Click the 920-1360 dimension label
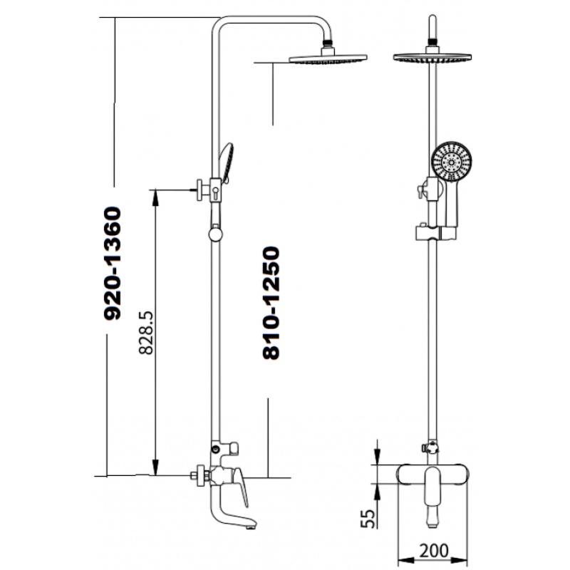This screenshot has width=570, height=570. point(113,264)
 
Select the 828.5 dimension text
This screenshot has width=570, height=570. point(146,333)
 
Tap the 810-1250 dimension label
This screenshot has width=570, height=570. point(271,304)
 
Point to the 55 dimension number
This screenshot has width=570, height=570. point(367,519)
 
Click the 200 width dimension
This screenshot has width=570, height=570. point(434,551)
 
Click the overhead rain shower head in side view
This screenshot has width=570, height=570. point(328,58)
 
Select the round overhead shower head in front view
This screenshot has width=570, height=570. point(432,57)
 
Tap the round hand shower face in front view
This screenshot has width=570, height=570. point(452,162)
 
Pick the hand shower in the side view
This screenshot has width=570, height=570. point(226,162)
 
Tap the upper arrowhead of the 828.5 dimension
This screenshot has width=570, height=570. point(155,197)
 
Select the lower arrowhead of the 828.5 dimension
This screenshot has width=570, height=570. point(155,467)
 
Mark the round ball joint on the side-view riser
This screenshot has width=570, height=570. point(216,234)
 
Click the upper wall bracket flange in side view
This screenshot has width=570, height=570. point(199,190)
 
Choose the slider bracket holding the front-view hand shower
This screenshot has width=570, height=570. point(436,233)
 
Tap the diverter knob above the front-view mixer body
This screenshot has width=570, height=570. point(430,447)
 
